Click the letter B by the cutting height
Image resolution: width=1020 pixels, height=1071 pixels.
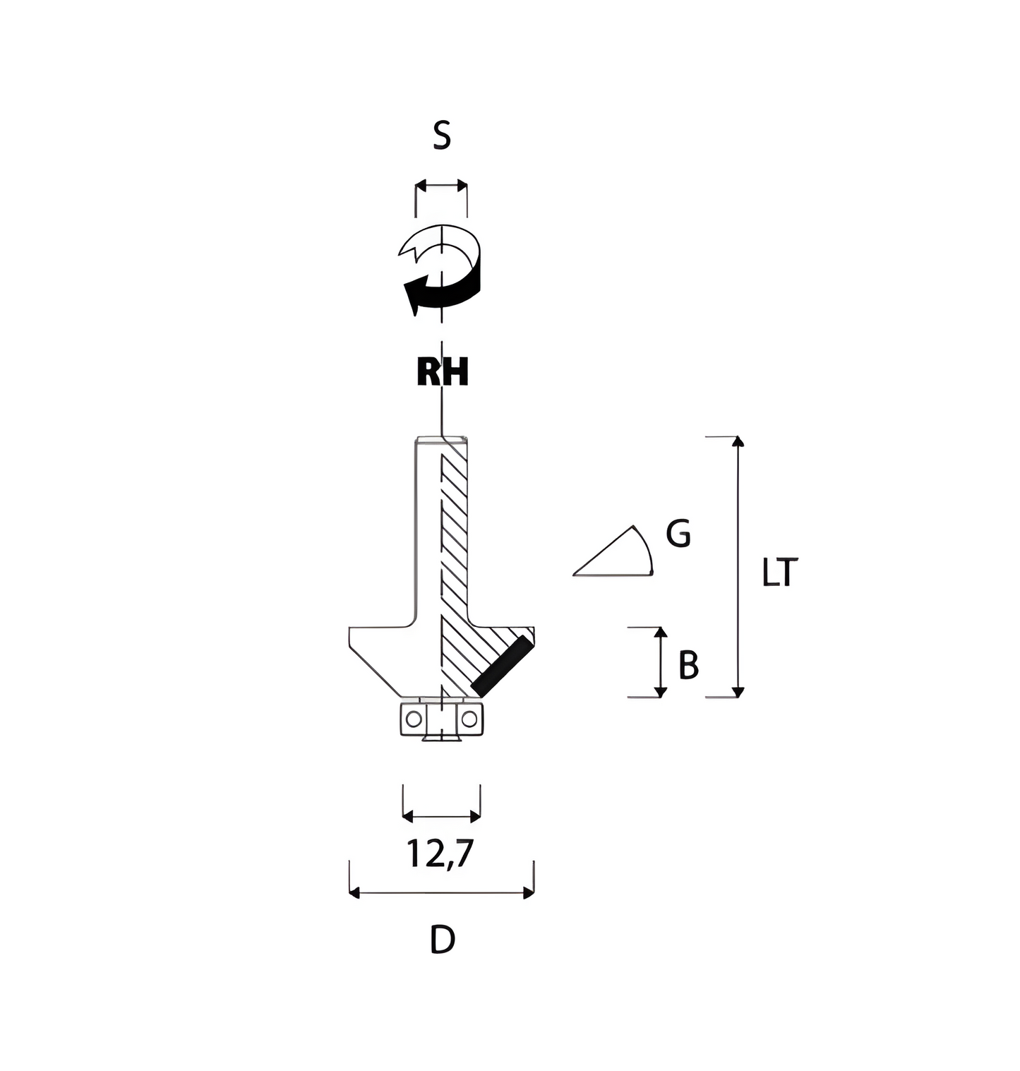(688, 665)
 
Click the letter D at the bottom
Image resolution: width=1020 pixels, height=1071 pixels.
(443, 940)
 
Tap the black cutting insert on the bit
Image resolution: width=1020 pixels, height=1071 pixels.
(502, 664)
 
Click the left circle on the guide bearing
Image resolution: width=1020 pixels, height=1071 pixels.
(414, 719)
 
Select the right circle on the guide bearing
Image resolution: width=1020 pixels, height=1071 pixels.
(469, 719)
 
